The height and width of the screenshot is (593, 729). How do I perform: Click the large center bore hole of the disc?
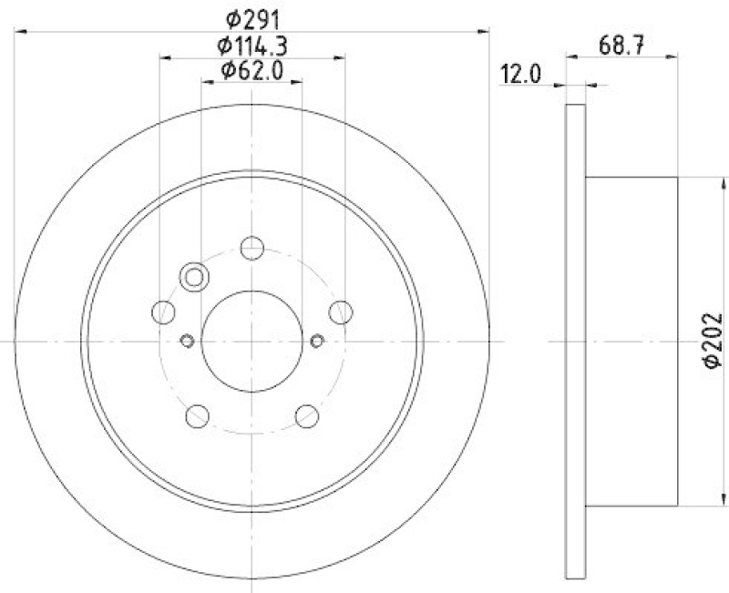tap(252, 340)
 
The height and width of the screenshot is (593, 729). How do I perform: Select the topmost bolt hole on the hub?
tap(252, 247)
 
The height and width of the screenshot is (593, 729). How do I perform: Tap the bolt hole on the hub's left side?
tap(164, 312)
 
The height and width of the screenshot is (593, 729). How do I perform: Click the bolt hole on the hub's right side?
tap(340, 312)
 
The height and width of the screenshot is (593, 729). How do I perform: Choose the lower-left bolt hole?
tap(197, 415)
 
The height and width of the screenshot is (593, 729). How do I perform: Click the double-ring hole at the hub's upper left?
tap(193, 277)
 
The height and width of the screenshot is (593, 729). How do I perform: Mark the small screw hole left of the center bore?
tap(187, 341)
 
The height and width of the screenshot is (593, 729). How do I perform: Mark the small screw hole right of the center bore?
tap(316, 341)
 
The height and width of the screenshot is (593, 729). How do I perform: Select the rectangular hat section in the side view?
tap(631, 339)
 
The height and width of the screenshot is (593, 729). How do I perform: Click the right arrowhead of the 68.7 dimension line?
tap(673, 58)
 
